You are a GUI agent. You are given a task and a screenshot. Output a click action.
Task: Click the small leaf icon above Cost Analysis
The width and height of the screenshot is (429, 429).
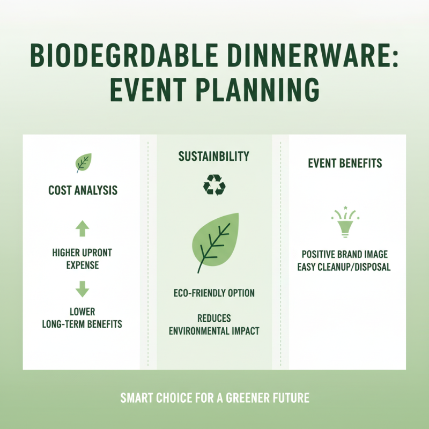click(x=83, y=162)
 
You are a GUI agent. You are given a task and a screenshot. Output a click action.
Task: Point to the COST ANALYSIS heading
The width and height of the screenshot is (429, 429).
click(x=83, y=190)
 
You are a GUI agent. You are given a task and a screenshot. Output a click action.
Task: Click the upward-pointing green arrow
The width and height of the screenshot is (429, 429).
click(x=83, y=230)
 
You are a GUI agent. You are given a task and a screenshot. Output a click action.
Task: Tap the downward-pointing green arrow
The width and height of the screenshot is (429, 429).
click(x=83, y=289)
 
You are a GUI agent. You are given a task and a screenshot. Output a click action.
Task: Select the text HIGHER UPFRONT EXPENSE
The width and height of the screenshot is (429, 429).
click(x=83, y=258)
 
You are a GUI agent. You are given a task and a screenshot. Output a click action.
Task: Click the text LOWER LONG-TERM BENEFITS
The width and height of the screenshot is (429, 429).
click(x=83, y=317)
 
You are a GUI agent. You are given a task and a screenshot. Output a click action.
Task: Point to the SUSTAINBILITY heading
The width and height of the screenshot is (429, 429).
click(x=214, y=157)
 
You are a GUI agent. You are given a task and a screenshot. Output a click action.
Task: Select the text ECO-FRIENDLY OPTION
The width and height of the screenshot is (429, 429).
click(x=214, y=293)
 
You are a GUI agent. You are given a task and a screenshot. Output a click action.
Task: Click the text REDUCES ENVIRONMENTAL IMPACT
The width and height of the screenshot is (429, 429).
click(x=214, y=325)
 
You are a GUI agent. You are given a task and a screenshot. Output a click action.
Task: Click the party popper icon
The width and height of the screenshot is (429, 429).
click(x=345, y=221)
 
